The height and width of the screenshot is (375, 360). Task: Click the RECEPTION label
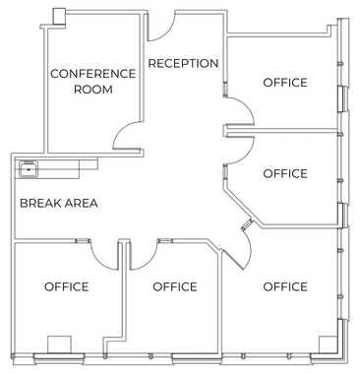click(x=183, y=63)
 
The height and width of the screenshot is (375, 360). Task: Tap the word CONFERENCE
click(x=92, y=74)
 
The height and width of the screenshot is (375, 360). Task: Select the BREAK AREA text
click(x=59, y=203)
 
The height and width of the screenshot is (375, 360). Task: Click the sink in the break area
click(x=29, y=169)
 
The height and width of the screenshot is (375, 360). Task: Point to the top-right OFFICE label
click(x=285, y=83)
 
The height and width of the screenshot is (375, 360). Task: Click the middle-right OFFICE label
click(x=285, y=173)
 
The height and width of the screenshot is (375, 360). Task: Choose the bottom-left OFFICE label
click(x=67, y=286)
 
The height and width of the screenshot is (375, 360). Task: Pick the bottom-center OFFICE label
click(x=175, y=286)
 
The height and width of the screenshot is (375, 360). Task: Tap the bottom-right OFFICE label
click(x=285, y=286)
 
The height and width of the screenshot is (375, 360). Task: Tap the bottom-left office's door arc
click(x=98, y=261)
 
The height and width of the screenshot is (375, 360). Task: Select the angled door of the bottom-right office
click(x=233, y=260)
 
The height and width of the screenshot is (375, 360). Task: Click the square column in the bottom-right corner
click(x=329, y=344)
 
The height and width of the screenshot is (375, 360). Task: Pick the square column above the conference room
click(x=59, y=16)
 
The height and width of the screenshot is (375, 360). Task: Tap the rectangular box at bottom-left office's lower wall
click(x=59, y=344)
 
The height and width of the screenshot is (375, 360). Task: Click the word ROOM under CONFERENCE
click(x=93, y=90)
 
